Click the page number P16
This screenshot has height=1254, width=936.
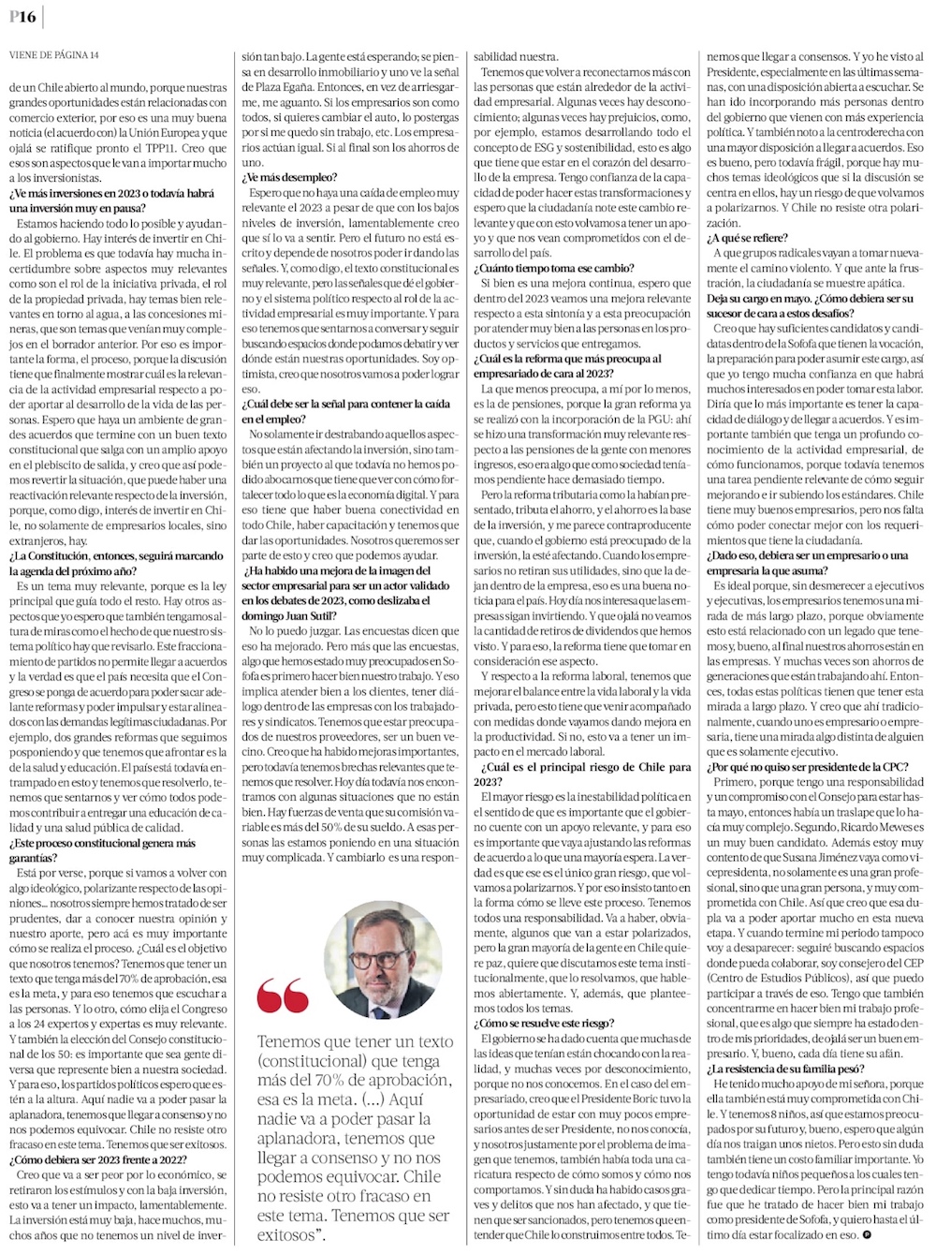(x=22, y=18)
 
